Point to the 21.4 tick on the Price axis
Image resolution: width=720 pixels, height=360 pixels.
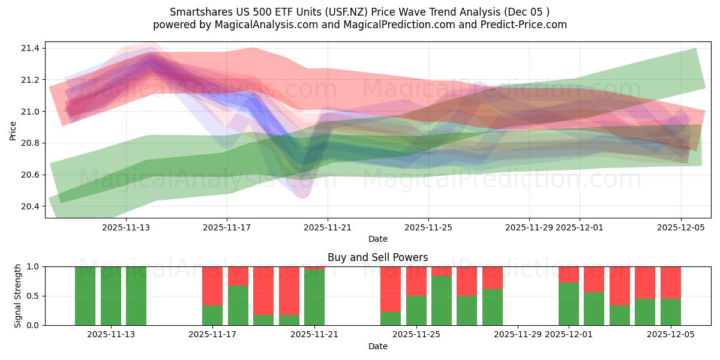31,48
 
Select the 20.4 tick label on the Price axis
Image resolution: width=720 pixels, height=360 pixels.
31,206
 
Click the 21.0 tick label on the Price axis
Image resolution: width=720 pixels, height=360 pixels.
31,112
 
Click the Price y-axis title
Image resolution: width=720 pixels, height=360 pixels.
13,130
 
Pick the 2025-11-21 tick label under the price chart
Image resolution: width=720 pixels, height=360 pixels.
328,227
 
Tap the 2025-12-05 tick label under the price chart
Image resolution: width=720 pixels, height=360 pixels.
680,227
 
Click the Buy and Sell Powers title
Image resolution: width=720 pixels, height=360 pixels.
377,257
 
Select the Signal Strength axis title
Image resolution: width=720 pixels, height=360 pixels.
18,296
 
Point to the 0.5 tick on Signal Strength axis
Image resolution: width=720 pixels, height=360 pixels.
33,296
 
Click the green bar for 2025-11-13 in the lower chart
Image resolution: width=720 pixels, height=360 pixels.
110,296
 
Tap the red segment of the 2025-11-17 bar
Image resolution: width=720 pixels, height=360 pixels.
212,286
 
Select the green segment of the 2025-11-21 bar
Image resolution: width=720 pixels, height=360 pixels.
314,298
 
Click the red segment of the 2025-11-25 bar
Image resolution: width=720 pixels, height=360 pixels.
416,281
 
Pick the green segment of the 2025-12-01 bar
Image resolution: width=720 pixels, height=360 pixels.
569,304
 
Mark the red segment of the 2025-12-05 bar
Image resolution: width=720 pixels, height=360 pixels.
670,283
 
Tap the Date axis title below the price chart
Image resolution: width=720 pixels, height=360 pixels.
377,239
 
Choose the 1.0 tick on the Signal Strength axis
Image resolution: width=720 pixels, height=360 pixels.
33,266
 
